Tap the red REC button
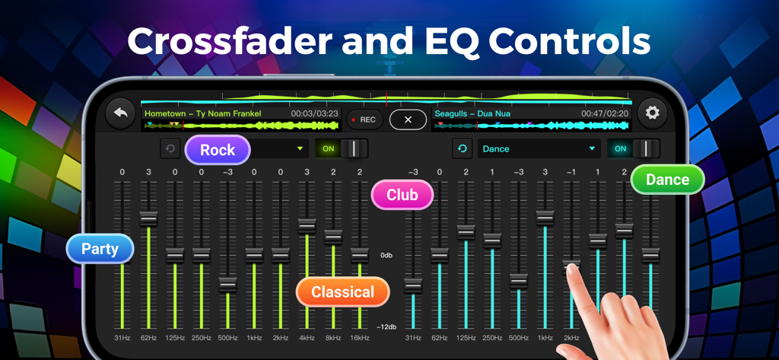(x=364, y=119)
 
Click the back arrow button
(x=120, y=113)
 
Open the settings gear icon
(x=652, y=113)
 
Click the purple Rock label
(x=218, y=150)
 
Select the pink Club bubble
(x=402, y=195)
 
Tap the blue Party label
(x=100, y=249)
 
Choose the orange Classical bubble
(x=342, y=292)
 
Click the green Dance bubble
(x=667, y=180)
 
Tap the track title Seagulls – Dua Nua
(x=472, y=113)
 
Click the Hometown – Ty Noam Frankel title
(x=202, y=113)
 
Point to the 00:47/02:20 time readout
(x=605, y=113)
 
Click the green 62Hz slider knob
(x=148, y=218)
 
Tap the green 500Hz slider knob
(x=227, y=285)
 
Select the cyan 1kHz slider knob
(x=545, y=218)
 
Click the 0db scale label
(x=386, y=256)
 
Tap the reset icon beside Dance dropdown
(x=462, y=148)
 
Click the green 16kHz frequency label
(x=359, y=337)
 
